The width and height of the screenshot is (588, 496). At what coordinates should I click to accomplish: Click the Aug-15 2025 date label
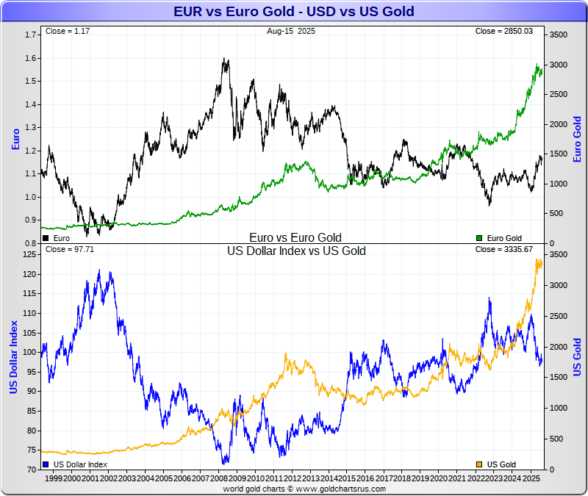tap(293, 32)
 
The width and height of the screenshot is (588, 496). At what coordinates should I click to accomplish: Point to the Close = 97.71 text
tap(70, 250)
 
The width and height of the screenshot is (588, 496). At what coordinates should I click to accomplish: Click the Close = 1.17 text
tap(65, 32)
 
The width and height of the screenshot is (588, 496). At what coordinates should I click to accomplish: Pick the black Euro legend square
tap(46, 238)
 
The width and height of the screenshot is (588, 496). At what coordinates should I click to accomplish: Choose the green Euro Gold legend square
tap(480, 238)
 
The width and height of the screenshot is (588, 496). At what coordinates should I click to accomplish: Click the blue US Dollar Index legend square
tap(46, 464)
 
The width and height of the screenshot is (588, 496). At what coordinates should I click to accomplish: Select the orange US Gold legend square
tap(480, 464)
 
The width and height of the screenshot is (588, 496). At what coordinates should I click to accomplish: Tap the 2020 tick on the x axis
tap(438, 478)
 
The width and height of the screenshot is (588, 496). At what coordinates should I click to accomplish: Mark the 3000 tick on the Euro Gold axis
tap(559, 65)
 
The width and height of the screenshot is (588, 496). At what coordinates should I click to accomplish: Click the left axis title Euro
tap(15, 139)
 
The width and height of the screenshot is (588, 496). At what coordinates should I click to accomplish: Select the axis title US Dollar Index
tap(14, 356)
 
